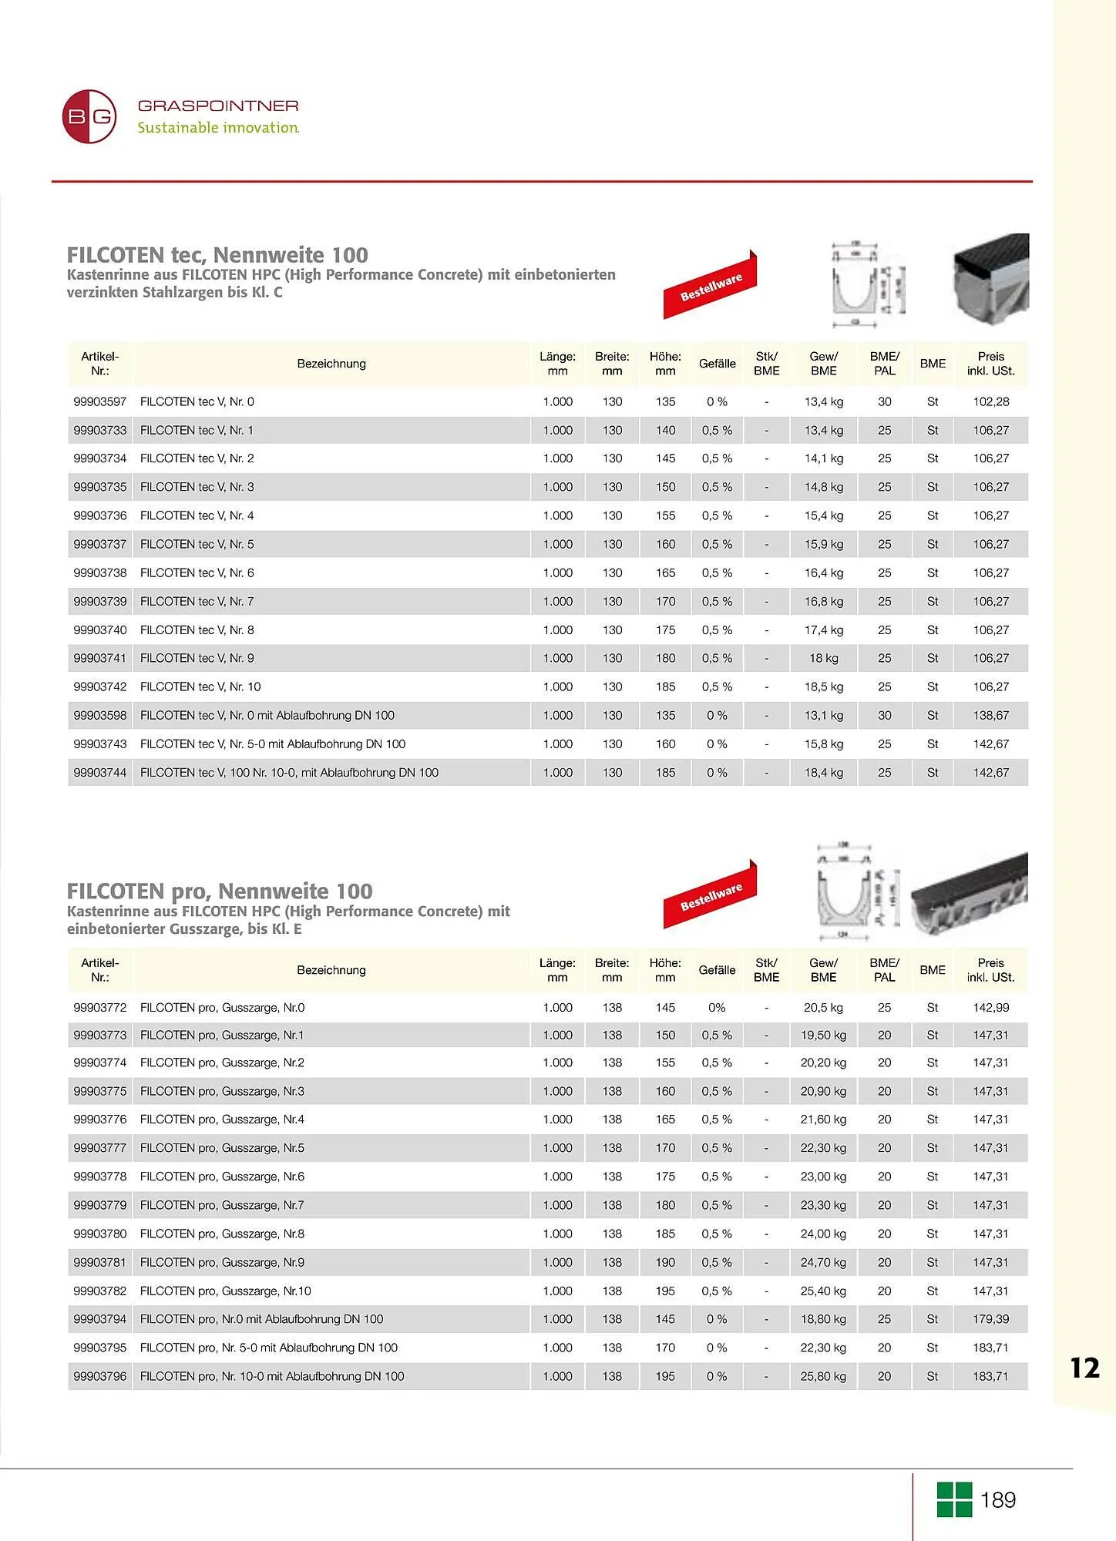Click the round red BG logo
89,116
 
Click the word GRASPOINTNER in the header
218,106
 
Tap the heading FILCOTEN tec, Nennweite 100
217,255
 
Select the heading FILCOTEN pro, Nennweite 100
220,891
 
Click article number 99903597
100,401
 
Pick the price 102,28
990,401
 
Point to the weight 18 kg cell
823,658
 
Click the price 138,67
990,715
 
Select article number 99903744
100,772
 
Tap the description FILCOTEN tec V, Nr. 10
200,687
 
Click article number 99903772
100,1007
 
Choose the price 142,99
990,1007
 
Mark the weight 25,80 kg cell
823,1376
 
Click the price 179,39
990,1319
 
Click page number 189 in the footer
998,1500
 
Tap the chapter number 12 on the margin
1084,1368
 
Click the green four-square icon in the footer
954,1499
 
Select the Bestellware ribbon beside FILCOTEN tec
710,285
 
